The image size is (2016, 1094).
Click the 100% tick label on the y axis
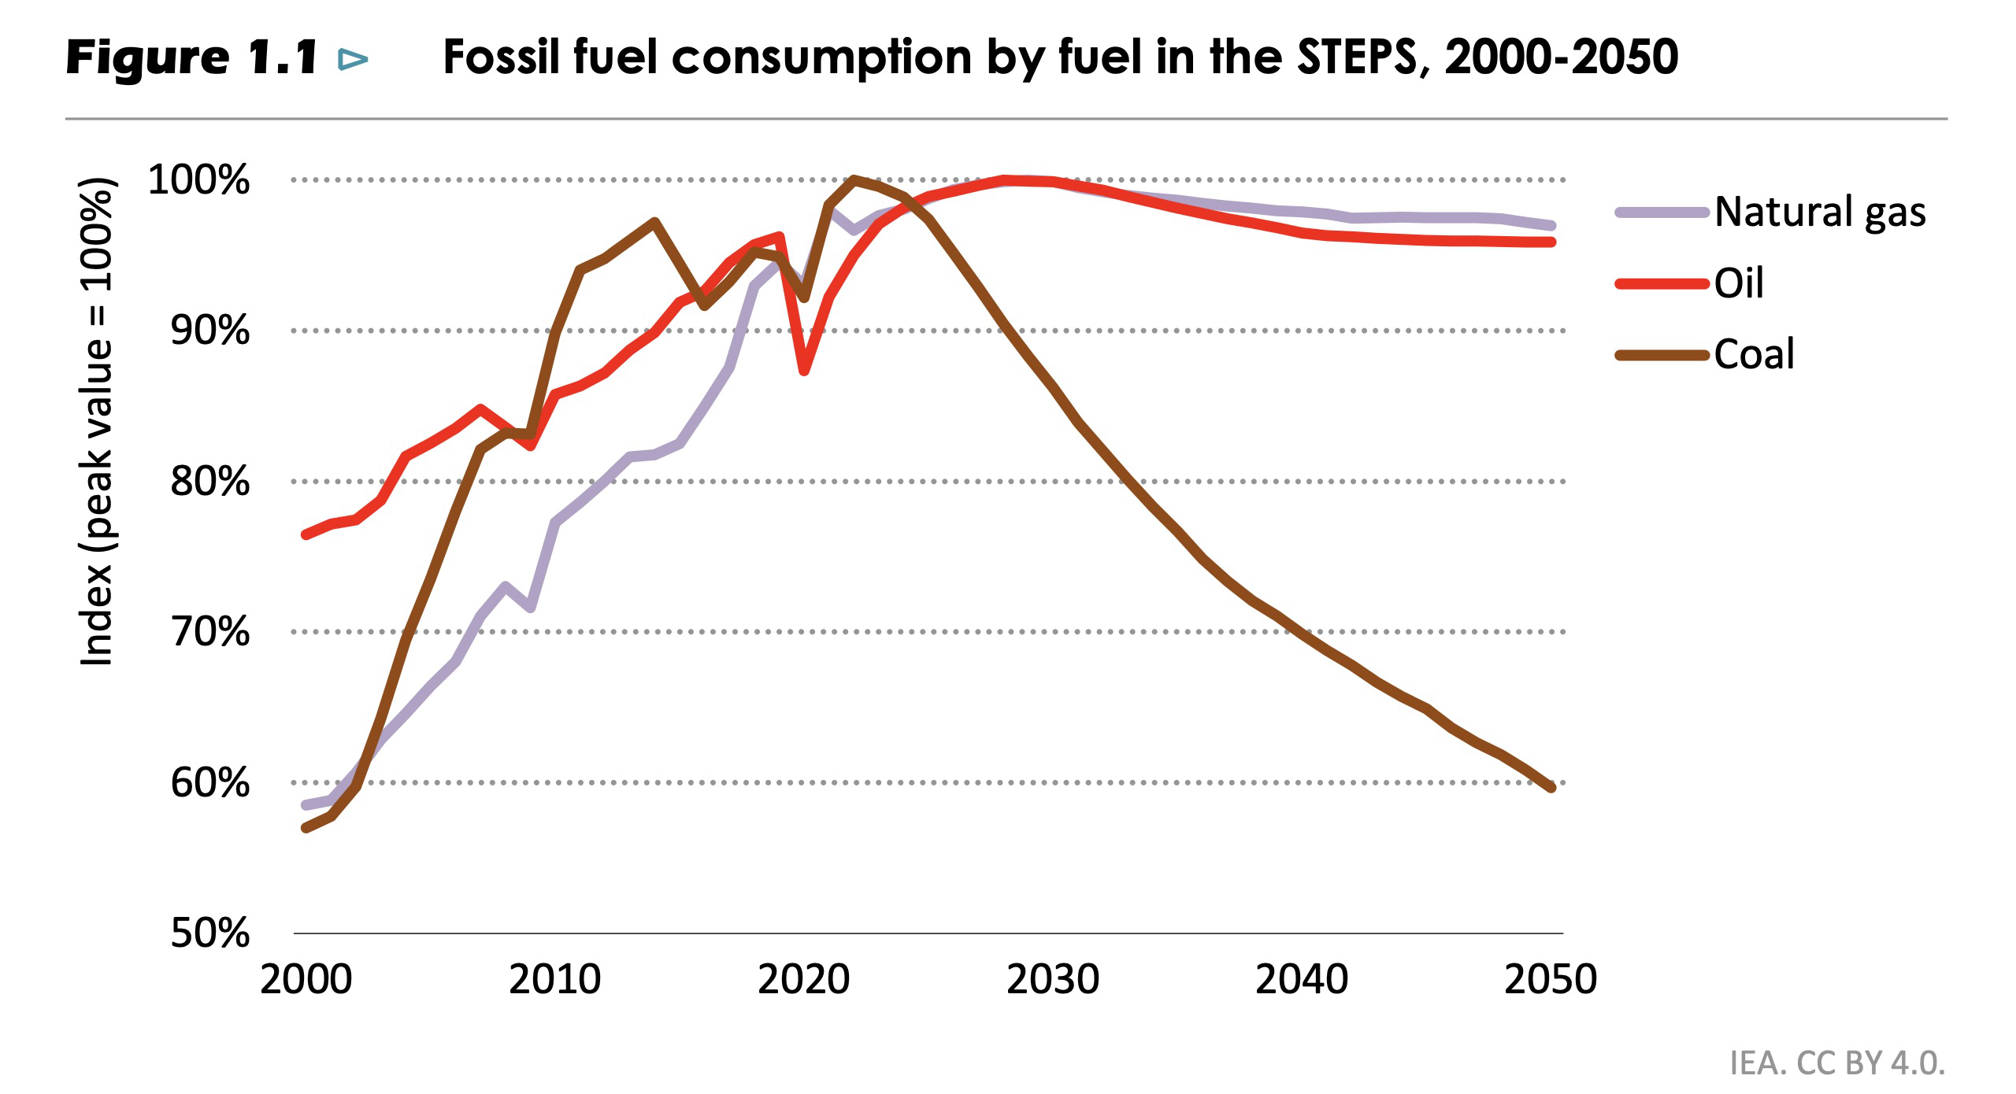198,179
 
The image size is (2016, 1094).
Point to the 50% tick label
209,933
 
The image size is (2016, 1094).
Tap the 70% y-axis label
209,631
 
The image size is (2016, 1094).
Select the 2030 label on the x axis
1052,980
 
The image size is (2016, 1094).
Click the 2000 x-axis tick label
306,980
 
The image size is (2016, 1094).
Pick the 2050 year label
1550,980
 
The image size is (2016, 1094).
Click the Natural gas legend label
1820,212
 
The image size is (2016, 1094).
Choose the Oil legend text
1739,283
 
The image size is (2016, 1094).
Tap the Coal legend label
1754,354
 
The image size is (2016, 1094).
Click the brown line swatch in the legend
1662,355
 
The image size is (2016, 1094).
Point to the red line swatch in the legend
1662,284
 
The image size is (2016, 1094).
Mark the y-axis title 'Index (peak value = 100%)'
98,422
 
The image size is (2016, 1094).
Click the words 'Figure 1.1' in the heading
191,57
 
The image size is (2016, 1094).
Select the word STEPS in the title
1356,57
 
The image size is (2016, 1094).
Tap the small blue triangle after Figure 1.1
353,59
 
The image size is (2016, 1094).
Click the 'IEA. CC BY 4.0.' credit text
1836,1063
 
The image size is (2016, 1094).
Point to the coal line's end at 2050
1551,787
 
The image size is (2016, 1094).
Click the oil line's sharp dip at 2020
804,371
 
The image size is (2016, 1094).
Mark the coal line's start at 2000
306,828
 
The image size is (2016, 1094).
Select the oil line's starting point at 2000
306,534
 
